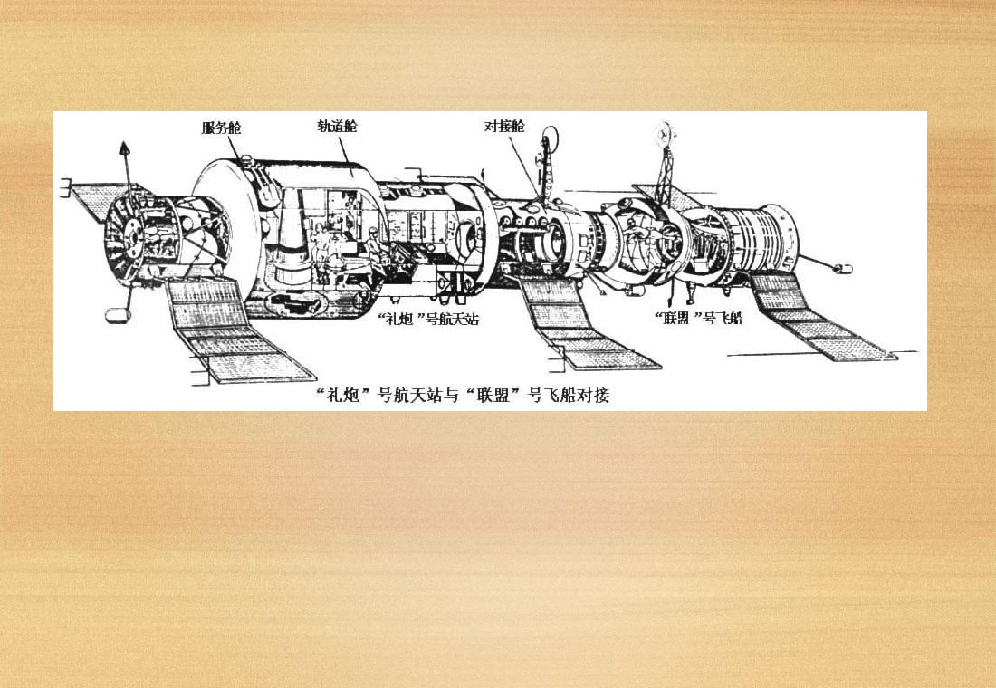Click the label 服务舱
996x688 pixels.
click(x=221, y=128)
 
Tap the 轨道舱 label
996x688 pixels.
click(x=337, y=126)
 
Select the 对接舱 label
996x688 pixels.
click(x=504, y=126)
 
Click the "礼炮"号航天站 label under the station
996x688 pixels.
click(x=428, y=319)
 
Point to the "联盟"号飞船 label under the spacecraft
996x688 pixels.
click(x=698, y=317)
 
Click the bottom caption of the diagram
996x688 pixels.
click(x=463, y=395)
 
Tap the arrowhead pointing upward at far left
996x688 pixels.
click(x=125, y=148)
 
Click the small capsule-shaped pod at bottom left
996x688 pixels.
click(x=118, y=314)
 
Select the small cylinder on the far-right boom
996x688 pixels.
click(x=843, y=269)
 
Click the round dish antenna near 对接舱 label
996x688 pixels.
click(x=549, y=138)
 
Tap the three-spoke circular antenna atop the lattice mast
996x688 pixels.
click(x=666, y=134)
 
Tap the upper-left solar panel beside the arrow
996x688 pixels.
click(x=101, y=200)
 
